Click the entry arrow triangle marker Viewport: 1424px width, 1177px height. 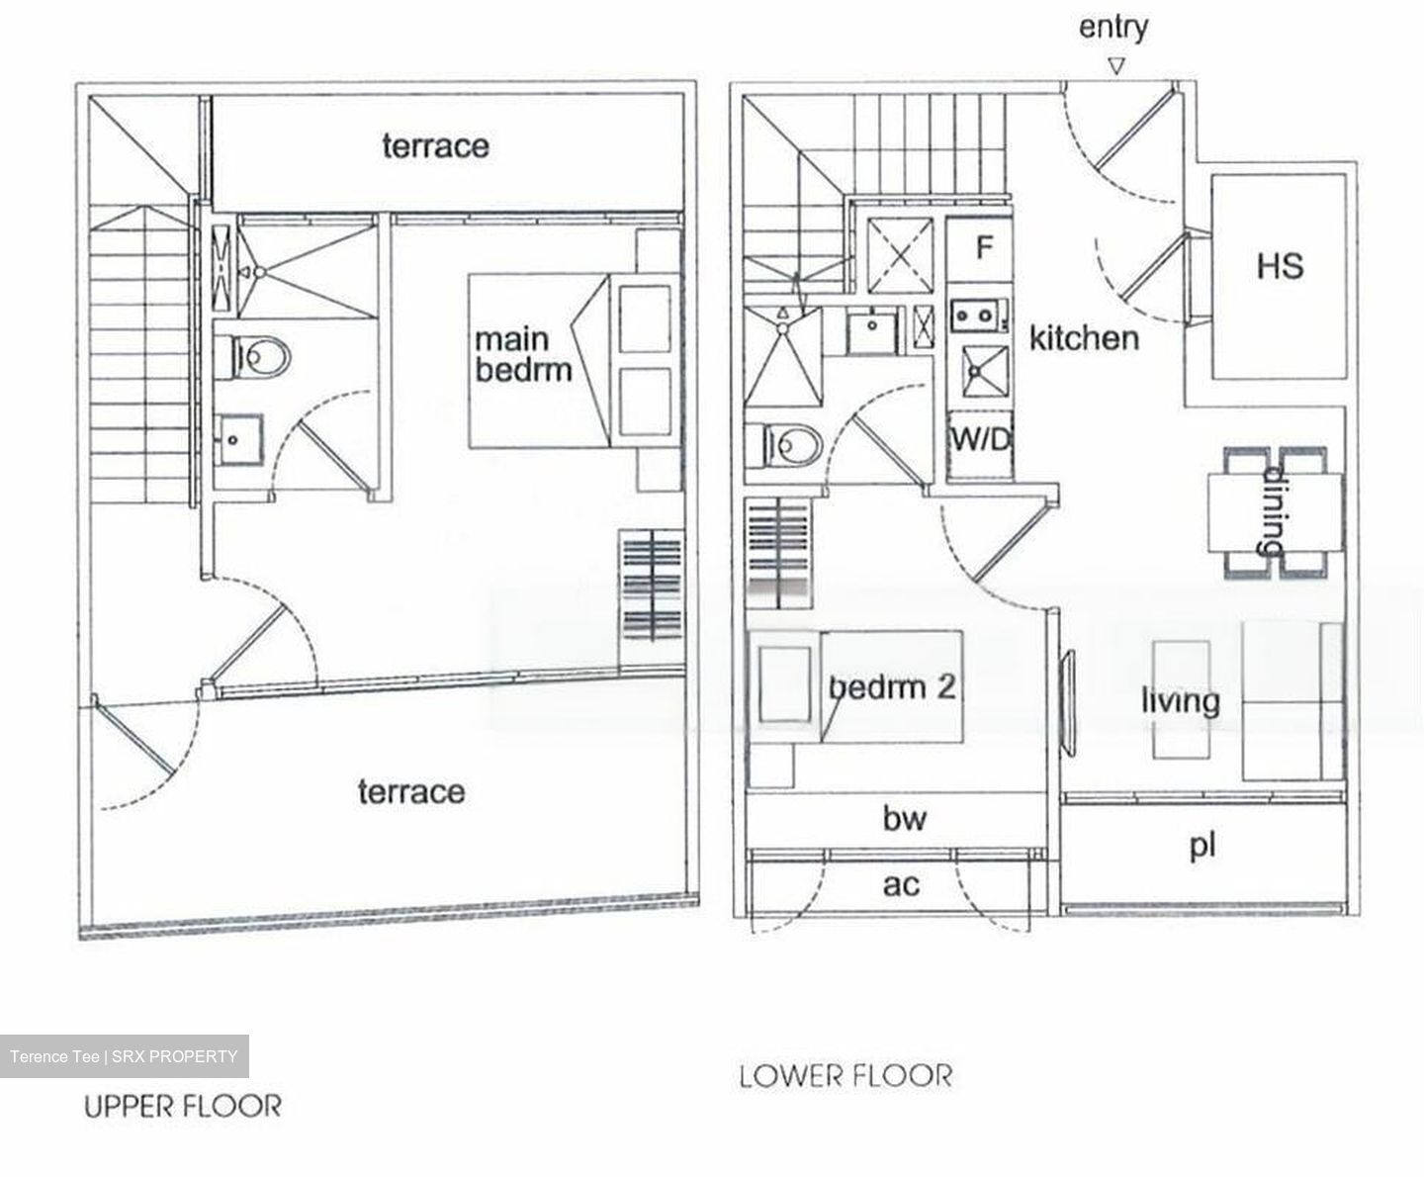tap(1116, 67)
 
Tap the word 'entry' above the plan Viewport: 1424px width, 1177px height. tap(1113, 27)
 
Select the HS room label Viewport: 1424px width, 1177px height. tap(1280, 266)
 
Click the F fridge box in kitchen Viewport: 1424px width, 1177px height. tap(983, 247)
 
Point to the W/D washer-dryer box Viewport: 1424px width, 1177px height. tap(981, 439)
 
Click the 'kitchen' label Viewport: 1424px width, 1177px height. tap(1084, 338)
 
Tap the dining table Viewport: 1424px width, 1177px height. tap(1275, 511)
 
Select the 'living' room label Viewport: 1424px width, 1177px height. tap(1180, 701)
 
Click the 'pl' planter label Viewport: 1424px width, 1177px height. tap(1201, 847)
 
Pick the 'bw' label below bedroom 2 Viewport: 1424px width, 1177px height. tap(904, 818)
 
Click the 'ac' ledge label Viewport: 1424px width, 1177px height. tap(899, 883)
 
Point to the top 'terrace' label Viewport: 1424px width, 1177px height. tap(435, 146)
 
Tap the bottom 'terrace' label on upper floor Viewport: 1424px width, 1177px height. tap(410, 791)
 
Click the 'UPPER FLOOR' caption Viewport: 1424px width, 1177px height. tap(182, 1106)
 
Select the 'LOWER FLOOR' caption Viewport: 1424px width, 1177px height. tap(845, 1075)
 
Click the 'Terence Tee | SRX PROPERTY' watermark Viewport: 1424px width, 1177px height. tap(124, 1056)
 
